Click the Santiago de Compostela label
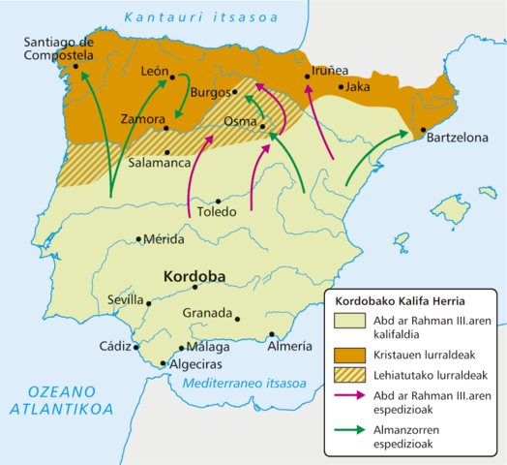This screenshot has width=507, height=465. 58,48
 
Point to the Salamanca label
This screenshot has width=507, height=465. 160,164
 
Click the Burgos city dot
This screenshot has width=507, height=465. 235,92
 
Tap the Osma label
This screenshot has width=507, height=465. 239,123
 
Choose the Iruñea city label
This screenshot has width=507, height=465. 331,71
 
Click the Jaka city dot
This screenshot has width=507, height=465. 341,87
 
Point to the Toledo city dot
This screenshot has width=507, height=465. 220,201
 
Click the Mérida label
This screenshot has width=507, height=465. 164,238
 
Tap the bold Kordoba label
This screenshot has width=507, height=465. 194,276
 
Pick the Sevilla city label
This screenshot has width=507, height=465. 127,299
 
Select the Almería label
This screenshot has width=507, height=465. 289,346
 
